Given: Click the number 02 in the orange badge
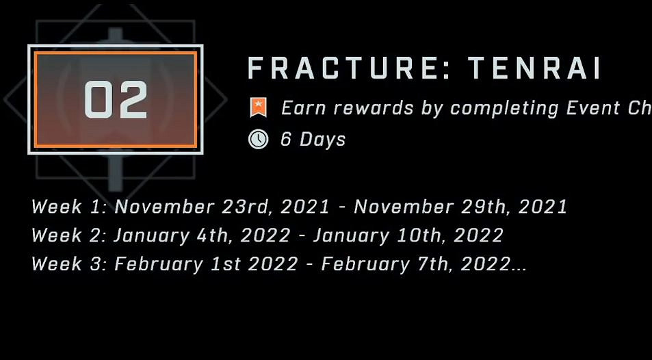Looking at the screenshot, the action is point(116,99).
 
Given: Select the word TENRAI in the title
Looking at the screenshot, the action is point(534,68).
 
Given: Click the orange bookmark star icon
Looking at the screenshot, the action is point(258,107).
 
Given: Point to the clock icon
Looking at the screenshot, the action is point(258,139).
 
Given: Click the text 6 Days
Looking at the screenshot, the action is point(313,139).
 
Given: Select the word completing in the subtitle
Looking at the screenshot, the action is point(505,109).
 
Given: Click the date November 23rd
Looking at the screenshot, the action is point(193,207).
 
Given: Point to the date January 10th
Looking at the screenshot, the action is point(378,236).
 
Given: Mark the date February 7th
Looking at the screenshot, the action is point(386,265).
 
